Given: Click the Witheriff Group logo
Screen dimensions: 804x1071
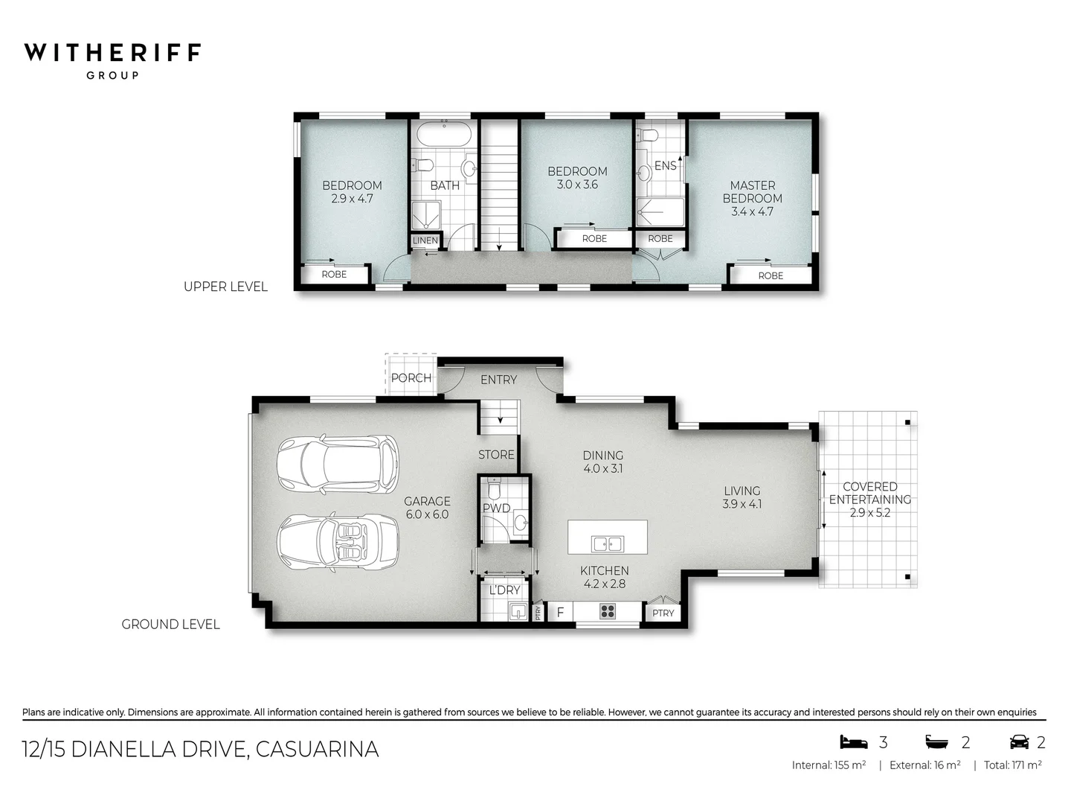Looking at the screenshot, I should tap(112, 60).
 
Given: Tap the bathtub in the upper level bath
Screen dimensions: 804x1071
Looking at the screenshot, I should tap(444, 135).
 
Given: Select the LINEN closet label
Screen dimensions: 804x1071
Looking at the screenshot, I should tap(425, 240).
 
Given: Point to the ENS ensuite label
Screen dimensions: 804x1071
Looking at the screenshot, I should tap(665, 165).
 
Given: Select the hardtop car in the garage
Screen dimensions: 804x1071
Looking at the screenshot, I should tap(338, 464).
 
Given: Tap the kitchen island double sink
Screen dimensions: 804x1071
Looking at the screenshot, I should tap(607, 544).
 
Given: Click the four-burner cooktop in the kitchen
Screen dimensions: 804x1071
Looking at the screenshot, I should tap(608, 612).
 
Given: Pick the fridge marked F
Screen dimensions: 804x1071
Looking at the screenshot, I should tap(560, 613).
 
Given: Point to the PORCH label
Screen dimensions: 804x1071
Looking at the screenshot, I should tap(411, 378).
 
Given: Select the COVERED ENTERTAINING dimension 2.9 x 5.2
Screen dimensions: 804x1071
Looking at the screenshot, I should tap(869, 513).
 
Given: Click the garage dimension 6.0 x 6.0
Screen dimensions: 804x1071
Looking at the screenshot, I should tap(427, 514).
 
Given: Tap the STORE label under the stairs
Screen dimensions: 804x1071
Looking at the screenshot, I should tap(496, 454).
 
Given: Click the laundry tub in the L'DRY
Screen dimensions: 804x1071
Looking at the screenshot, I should tap(518, 612).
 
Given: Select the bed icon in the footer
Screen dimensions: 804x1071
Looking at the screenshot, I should tap(853, 742).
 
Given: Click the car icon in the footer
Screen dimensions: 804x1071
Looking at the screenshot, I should tap(1019, 742).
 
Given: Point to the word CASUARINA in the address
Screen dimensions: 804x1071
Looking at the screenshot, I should tap(317, 749).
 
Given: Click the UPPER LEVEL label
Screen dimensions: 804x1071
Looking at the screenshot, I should tap(225, 287).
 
